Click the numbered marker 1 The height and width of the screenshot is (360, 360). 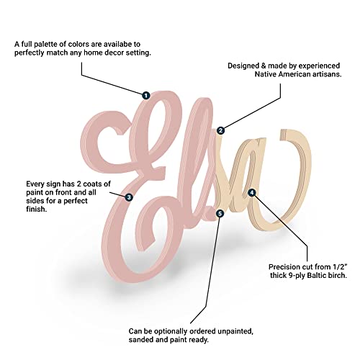click(x=145, y=95)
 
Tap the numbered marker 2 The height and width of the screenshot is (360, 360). click(x=220, y=130)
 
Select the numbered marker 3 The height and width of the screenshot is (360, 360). click(x=129, y=197)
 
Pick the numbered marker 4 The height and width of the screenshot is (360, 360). click(x=251, y=192)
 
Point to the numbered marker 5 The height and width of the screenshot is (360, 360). click(x=220, y=213)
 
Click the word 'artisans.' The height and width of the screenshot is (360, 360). click(x=327, y=74)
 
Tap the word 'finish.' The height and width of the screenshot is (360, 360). click(x=36, y=210)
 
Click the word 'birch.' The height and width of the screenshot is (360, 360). click(x=338, y=275)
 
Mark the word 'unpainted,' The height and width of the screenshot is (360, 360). click(x=235, y=331)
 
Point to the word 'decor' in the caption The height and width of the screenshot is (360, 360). click(x=113, y=53)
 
